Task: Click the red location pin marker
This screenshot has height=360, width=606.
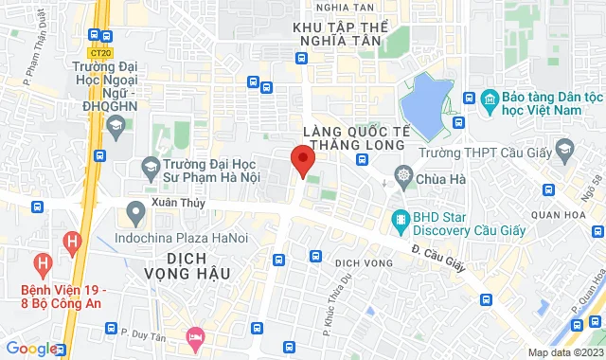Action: pyautogui.click(x=302, y=161)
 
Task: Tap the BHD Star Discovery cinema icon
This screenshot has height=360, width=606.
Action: pyautogui.click(x=401, y=222)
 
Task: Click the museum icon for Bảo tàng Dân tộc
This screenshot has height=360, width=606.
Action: pyautogui.click(x=490, y=99)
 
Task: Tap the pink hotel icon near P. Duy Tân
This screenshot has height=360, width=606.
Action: pyautogui.click(x=196, y=336)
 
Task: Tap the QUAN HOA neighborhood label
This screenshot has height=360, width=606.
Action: pyautogui.click(x=562, y=213)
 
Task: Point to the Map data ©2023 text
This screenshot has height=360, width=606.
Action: pyautogui.click(x=564, y=352)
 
